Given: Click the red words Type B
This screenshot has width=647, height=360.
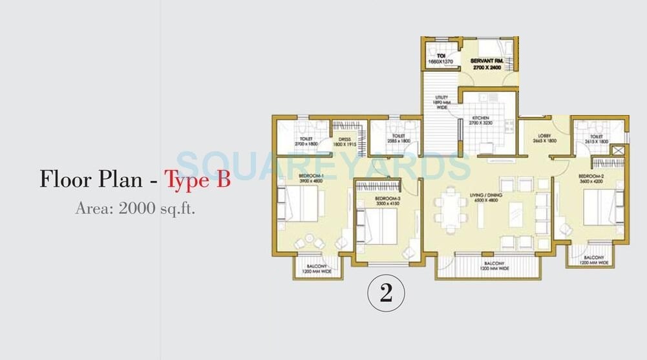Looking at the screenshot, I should pos(198,179).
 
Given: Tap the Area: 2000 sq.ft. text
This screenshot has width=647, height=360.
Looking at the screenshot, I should pos(135,208).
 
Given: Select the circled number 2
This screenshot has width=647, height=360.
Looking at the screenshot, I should pos(386,293).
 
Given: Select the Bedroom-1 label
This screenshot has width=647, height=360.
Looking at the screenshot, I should pos(312,178).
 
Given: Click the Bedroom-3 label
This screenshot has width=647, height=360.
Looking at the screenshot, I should pos(387,200).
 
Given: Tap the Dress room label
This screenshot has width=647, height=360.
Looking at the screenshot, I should pos(345,141).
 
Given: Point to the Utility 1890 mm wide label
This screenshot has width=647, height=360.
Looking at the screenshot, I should pos(441,102).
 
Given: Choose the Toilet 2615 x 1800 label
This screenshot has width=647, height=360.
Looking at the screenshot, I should pos(596,138).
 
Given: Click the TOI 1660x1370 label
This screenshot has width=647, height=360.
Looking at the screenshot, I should pos(440,59).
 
